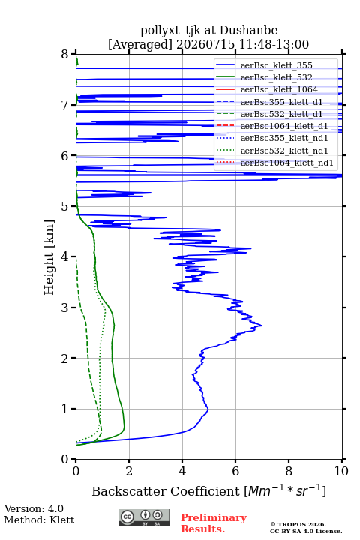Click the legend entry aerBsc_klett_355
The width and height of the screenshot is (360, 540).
click(276, 65)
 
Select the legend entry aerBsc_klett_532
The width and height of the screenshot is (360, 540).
click(276, 77)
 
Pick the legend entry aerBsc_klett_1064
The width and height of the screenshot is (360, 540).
click(279, 89)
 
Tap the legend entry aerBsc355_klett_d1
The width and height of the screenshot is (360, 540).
click(281, 102)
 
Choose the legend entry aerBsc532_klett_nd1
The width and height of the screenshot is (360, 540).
click(284, 151)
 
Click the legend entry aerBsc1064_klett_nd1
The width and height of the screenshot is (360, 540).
click(287, 163)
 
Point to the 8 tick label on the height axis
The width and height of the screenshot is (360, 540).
click(65, 54)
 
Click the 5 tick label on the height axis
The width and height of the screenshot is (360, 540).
click(65, 206)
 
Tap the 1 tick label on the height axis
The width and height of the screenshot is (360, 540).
click(65, 409)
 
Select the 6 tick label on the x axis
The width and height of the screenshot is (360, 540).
click(235, 471)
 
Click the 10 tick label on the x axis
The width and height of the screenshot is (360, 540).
click(341, 471)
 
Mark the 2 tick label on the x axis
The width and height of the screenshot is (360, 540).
click(129, 471)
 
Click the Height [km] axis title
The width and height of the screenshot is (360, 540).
click(49, 257)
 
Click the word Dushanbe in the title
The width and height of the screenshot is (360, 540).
click(249, 31)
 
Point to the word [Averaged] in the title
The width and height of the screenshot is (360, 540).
click(140, 45)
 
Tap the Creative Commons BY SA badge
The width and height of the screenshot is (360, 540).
click(144, 517)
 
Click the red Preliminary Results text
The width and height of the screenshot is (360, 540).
click(214, 523)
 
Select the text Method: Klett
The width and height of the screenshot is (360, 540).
click(39, 520)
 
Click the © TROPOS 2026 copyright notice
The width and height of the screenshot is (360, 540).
click(298, 524)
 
